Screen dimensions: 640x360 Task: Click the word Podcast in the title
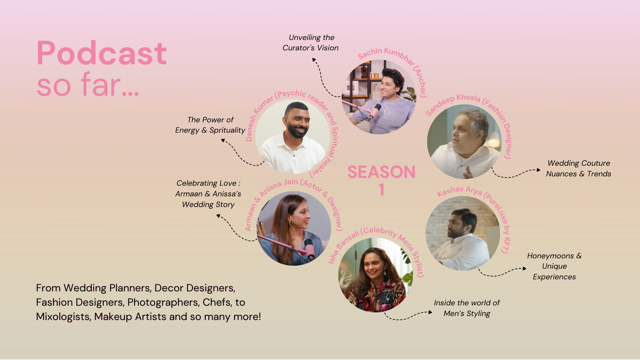click(x=102, y=53)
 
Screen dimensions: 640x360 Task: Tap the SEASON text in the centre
click(x=381, y=172)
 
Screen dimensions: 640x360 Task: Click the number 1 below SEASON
click(x=382, y=190)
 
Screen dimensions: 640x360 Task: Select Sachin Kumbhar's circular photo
click(x=379, y=97)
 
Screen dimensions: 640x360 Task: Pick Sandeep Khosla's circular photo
click(x=464, y=142)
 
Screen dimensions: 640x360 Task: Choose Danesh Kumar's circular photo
click(x=293, y=136)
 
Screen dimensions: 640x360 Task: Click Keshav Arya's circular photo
click(x=463, y=233)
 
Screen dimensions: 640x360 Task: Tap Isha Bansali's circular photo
click(x=376, y=275)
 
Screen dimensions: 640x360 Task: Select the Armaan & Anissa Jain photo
click(x=294, y=228)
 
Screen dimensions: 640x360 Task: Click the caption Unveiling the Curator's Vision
click(x=311, y=43)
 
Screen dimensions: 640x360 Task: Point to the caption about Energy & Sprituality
click(x=210, y=125)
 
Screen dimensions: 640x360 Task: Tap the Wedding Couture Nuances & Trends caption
click(x=579, y=168)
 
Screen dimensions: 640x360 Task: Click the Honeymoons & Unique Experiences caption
click(x=554, y=266)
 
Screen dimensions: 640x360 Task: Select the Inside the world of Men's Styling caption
click(x=467, y=308)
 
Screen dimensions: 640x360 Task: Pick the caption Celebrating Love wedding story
click(x=208, y=194)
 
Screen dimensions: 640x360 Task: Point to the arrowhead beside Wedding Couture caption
click(x=538, y=170)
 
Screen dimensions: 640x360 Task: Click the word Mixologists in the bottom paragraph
click(x=63, y=317)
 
